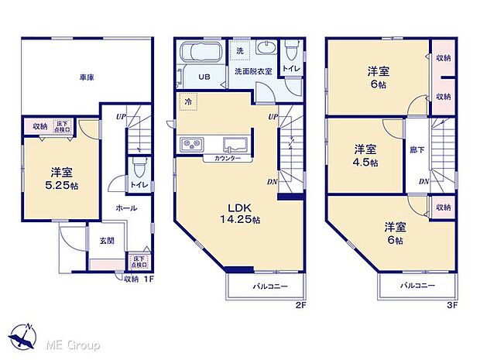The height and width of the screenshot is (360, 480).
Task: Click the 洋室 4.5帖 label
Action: [366, 156]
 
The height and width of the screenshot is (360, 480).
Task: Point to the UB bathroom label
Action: [204, 77]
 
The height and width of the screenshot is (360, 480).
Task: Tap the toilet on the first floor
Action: [137, 168]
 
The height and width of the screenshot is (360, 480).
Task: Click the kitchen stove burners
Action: [190, 144]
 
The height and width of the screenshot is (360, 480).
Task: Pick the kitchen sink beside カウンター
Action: [235, 144]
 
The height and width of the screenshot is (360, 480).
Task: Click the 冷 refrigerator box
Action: [187, 101]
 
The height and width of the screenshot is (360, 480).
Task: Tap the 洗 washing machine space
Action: [239, 51]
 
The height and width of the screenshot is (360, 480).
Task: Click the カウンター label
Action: [222, 159]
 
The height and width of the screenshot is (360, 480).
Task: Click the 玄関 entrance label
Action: [108, 241]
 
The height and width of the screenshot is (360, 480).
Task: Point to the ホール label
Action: [126, 209]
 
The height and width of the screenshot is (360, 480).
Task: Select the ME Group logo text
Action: [74, 345]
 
